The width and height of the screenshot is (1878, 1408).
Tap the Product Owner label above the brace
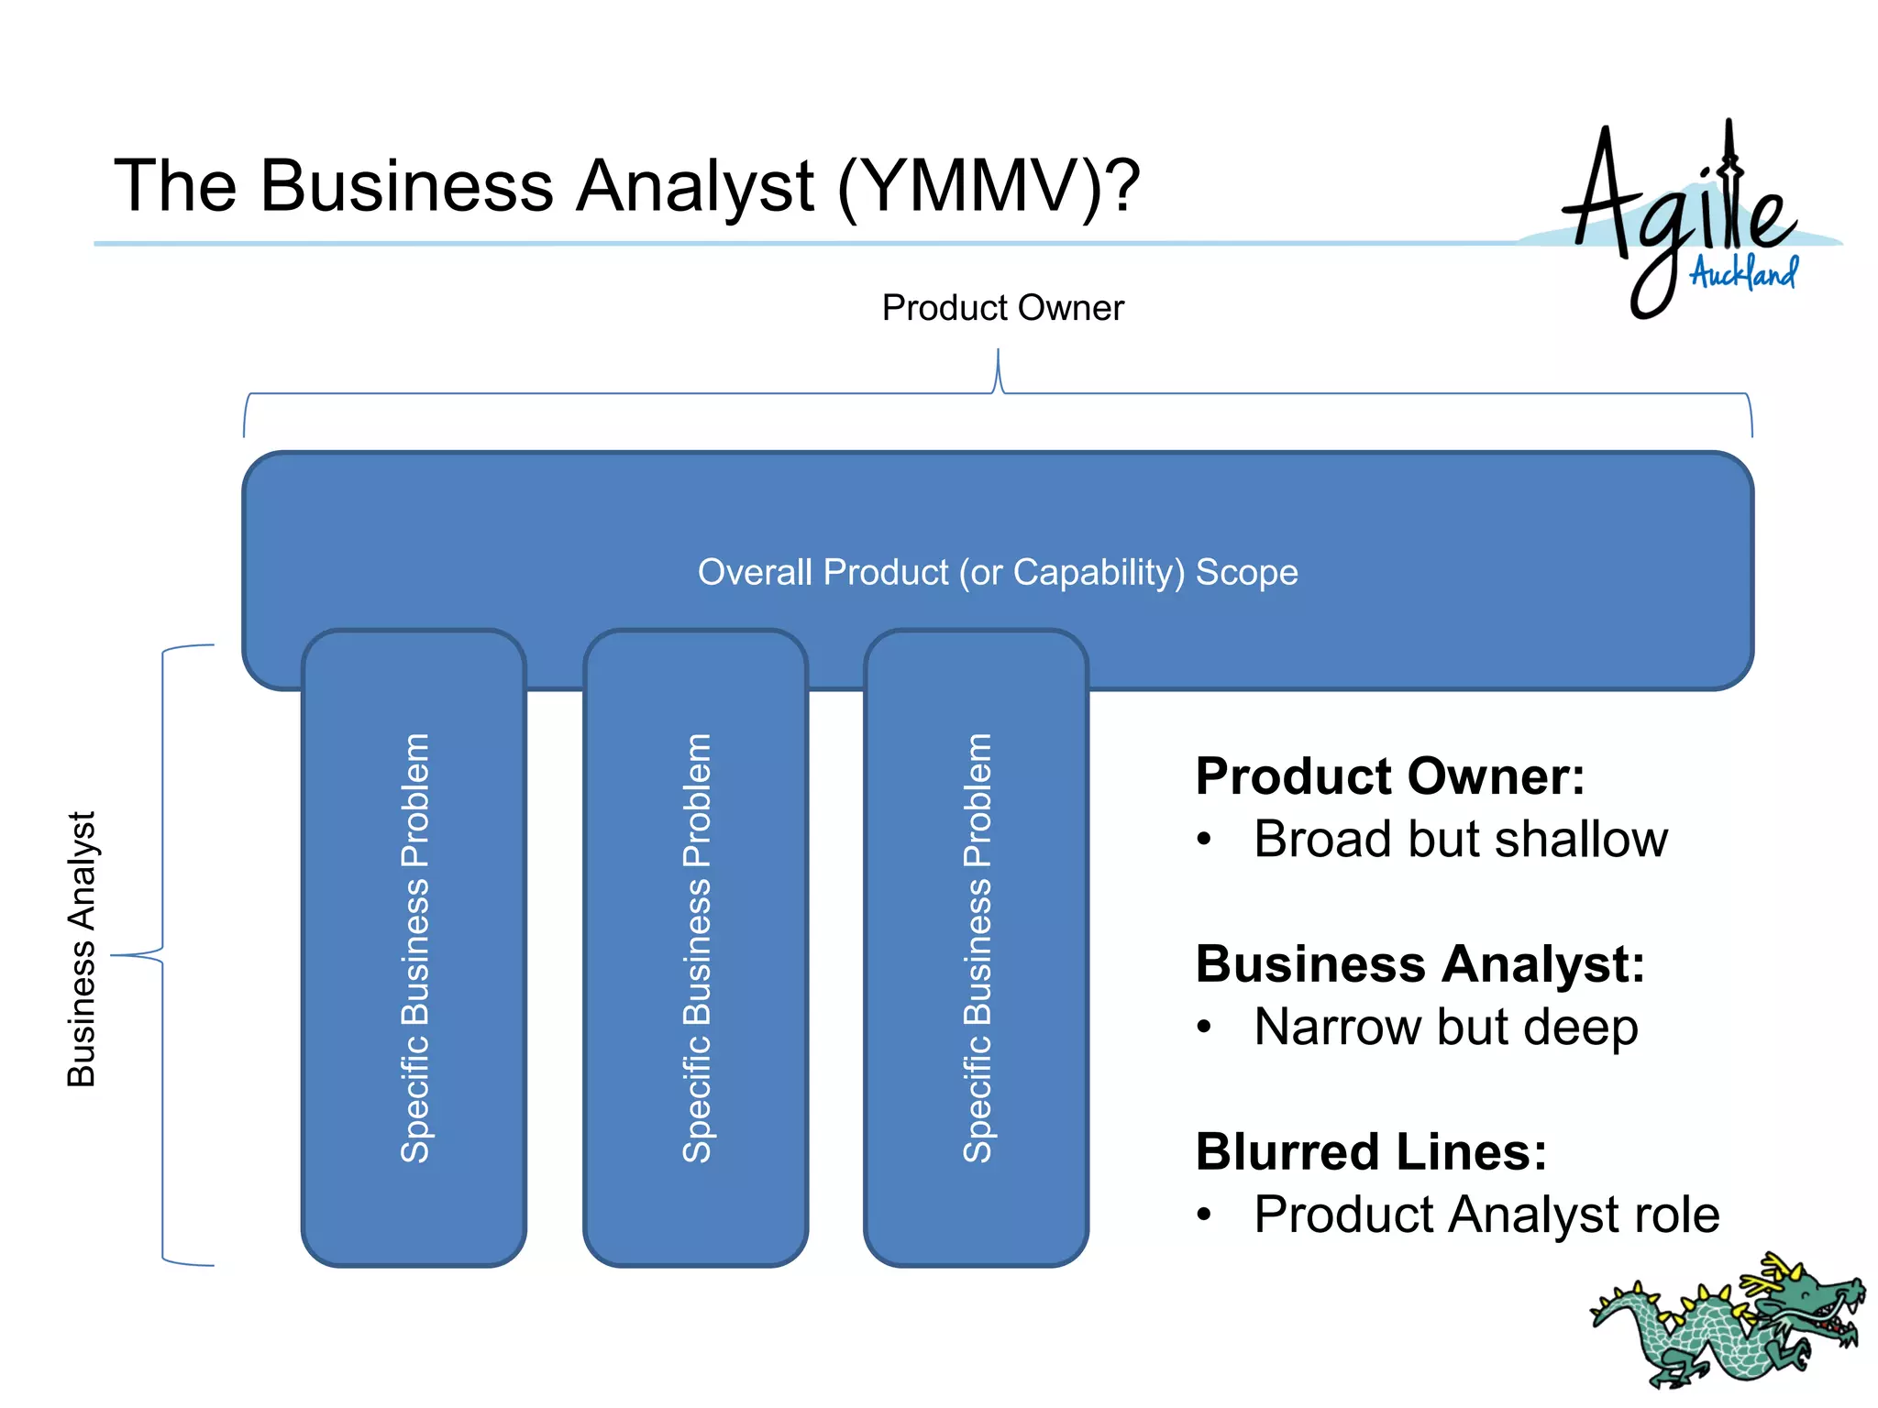pyautogui.click(x=1002, y=308)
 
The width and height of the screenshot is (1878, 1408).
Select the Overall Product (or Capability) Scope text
pyautogui.click(x=998, y=572)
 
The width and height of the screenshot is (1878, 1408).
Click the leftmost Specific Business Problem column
pyautogui.click(x=414, y=948)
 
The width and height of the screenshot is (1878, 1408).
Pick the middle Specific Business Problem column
pyautogui.click(x=696, y=948)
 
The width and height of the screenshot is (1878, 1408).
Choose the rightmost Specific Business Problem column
pyautogui.click(x=977, y=948)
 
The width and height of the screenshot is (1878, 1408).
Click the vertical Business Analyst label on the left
pyautogui.click(x=83, y=949)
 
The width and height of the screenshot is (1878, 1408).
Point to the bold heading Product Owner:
pyautogui.click(x=1389, y=776)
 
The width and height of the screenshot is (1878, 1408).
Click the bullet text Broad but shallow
pyautogui.click(x=1460, y=840)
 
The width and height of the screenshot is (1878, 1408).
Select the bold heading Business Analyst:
pyautogui.click(x=1420, y=964)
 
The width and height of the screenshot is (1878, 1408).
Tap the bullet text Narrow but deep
pyautogui.click(x=1445, y=1027)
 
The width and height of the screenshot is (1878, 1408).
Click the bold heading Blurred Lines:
pyautogui.click(x=1371, y=1152)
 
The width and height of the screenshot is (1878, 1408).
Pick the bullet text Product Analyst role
pyautogui.click(x=1486, y=1215)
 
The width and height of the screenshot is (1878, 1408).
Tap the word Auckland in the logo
pyautogui.click(x=1743, y=272)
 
